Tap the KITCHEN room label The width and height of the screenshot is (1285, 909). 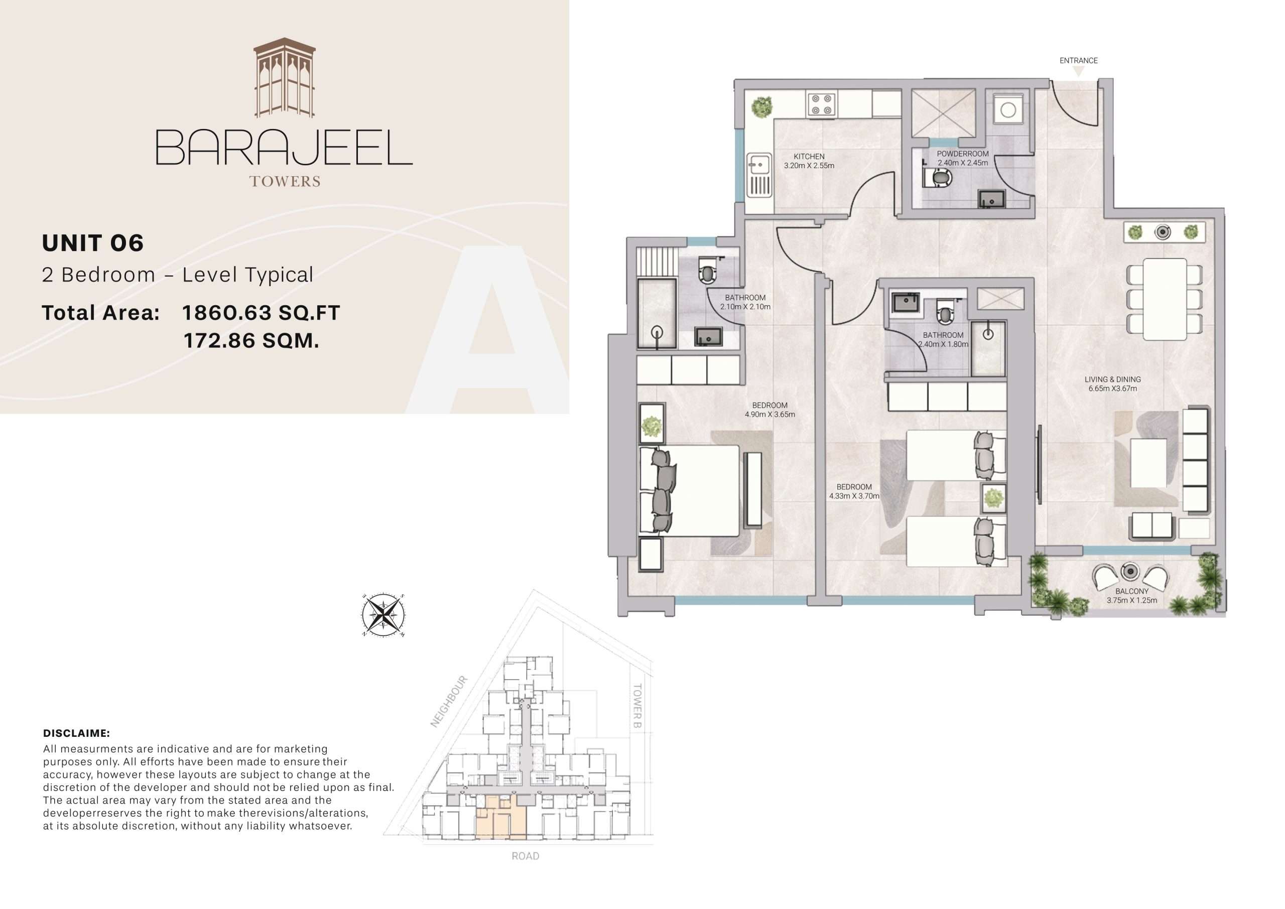809,157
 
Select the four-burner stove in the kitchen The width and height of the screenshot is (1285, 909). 822,105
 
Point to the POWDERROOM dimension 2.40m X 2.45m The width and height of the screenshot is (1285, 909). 963,163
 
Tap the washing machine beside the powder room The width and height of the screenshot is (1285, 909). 1008,110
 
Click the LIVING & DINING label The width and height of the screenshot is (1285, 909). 1113,379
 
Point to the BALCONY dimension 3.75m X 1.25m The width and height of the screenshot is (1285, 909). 1131,601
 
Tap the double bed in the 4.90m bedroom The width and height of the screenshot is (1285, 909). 694,490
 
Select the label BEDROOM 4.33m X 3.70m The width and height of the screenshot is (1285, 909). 854,491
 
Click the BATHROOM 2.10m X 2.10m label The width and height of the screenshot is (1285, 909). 745,302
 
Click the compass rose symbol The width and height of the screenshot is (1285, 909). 383,615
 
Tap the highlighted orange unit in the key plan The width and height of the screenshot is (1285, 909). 500,818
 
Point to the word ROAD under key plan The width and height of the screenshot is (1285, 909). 525,856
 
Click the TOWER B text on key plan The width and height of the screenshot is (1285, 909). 636,705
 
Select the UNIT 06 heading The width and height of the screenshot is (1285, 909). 93,243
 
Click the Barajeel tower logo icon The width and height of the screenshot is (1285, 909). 284,78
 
